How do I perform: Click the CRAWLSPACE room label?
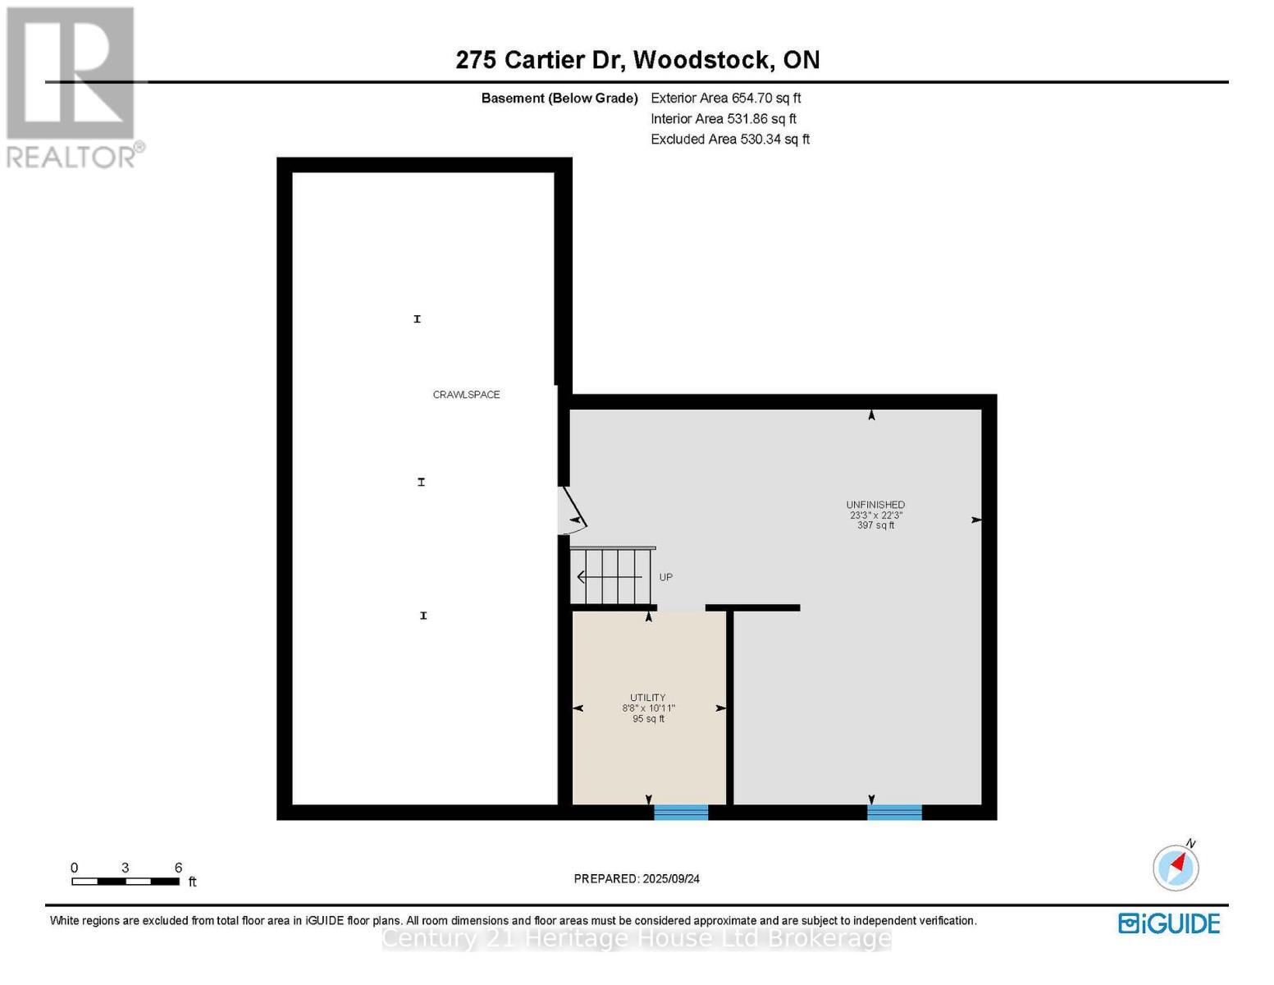point(466,395)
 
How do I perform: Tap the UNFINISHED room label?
point(875,505)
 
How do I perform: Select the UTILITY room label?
point(648,698)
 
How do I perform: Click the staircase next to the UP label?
point(612,576)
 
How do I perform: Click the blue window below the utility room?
point(681,812)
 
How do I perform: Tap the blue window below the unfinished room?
point(894,812)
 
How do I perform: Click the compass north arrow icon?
point(1176,867)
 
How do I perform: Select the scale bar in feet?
point(126,881)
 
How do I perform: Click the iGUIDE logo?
point(1169,923)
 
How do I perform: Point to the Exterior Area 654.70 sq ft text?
point(725,98)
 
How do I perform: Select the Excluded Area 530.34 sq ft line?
point(730,140)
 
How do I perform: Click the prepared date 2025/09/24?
point(637,878)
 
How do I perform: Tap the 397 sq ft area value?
point(875,525)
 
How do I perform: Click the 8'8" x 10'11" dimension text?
point(648,708)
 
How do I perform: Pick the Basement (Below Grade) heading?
point(559,98)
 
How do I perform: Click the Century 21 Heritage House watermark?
point(637,938)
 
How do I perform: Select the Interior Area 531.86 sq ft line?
point(724,119)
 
